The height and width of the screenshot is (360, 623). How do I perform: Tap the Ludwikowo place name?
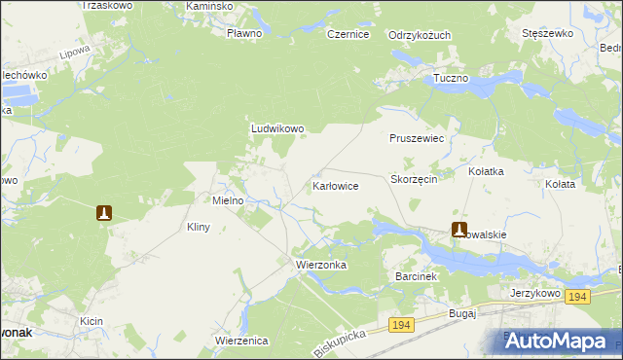click(278, 127)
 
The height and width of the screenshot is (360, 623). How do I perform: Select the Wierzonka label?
click(321, 264)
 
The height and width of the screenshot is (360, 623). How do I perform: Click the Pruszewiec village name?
click(417, 139)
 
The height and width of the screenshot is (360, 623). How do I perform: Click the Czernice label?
click(348, 34)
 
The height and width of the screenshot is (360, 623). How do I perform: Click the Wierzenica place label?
click(241, 341)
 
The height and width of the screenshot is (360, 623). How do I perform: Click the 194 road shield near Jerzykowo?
click(578, 297)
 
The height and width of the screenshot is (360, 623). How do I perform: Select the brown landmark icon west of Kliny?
click(104, 212)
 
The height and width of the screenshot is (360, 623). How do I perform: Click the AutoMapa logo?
click(559, 341)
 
